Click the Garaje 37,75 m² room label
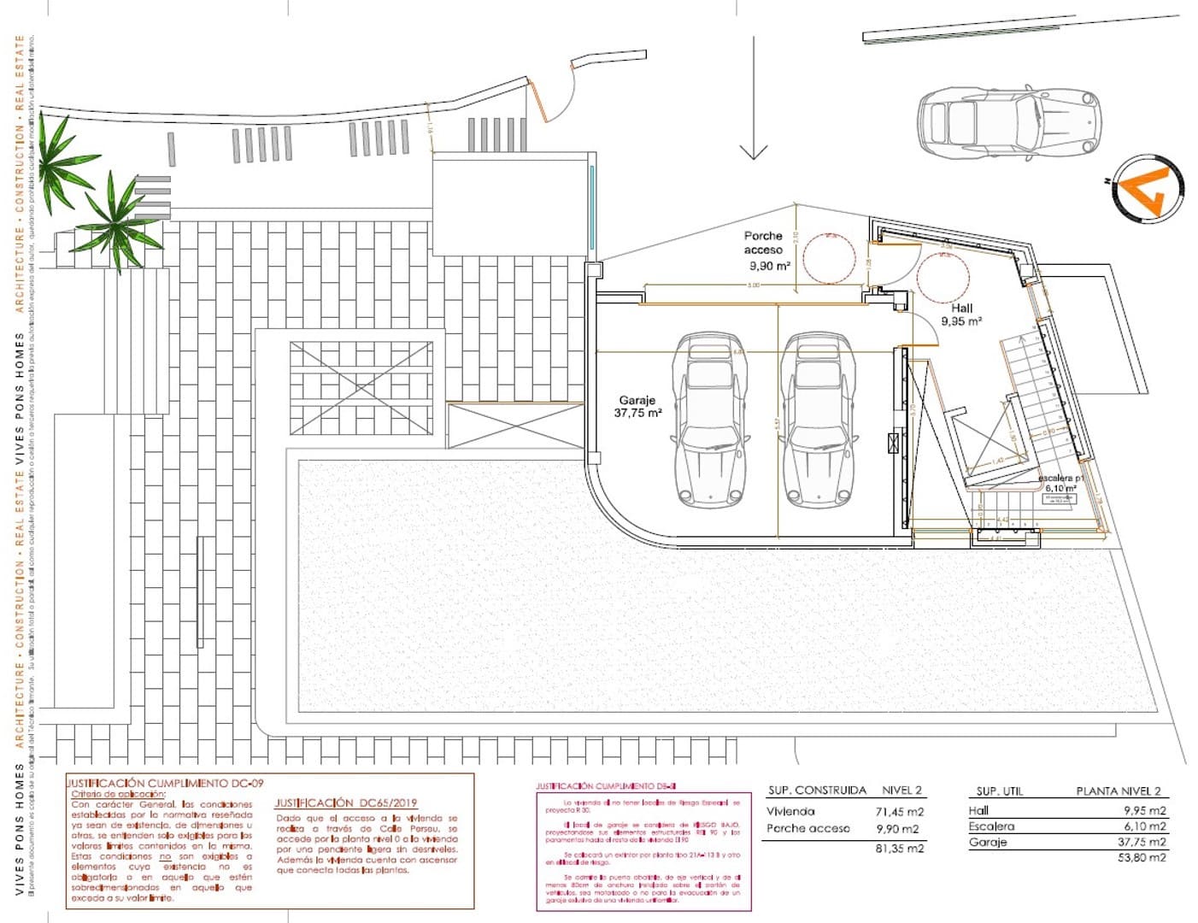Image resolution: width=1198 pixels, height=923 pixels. click(637, 406)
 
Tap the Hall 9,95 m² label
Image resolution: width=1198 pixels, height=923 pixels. click(961, 315)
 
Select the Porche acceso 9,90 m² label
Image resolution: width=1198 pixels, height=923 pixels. click(764, 250)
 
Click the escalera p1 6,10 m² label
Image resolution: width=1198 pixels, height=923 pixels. click(1060, 484)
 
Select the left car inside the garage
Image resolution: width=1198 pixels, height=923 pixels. click(712, 419)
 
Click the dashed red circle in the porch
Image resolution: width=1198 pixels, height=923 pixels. click(829, 258)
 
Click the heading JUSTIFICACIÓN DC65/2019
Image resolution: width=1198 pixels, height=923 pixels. click(345, 803)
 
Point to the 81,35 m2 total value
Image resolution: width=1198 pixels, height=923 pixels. click(900, 849)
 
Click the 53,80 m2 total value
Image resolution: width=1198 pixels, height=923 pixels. click(1142, 857)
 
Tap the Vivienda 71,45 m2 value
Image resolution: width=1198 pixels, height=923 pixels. click(900, 812)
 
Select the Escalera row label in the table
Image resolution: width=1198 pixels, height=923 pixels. click(991, 826)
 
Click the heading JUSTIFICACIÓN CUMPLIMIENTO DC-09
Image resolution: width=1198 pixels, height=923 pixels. click(166, 783)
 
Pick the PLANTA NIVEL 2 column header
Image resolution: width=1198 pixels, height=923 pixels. click(1118, 791)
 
